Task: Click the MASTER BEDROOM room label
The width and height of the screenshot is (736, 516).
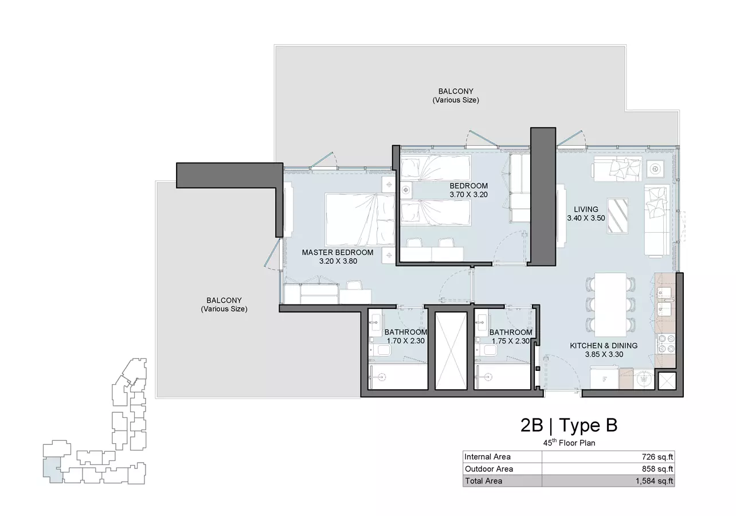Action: pyautogui.click(x=338, y=252)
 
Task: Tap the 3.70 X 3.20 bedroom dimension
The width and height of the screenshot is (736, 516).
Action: pyautogui.click(x=468, y=194)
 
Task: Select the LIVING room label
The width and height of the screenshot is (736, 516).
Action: pyautogui.click(x=586, y=209)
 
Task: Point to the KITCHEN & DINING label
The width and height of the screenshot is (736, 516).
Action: pyautogui.click(x=604, y=345)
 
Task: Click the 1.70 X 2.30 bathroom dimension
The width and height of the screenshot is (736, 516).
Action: pyautogui.click(x=405, y=341)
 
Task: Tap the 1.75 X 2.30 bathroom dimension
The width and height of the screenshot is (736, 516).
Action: pyautogui.click(x=511, y=341)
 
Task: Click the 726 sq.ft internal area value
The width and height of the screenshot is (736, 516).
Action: pyautogui.click(x=657, y=457)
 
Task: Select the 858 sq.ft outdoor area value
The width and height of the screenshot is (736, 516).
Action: pyautogui.click(x=657, y=469)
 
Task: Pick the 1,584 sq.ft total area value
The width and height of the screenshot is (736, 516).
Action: pyautogui.click(x=654, y=481)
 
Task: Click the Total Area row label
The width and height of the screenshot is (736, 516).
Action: pyautogui.click(x=483, y=481)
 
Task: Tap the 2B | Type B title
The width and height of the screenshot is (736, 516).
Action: pyautogui.click(x=569, y=425)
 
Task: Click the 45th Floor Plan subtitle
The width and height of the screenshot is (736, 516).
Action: pyautogui.click(x=569, y=443)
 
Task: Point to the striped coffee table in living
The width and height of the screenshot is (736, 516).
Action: pyautogui.click(x=618, y=216)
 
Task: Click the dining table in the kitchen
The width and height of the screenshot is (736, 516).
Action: pyautogui.click(x=610, y=304)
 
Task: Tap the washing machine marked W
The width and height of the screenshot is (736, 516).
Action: pyautogui.click(x=644, y=380)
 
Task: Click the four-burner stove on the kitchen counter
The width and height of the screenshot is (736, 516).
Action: pyautogui.click(x=665, y=344)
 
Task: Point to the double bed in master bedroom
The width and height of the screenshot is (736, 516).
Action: pyautogui.click(x=360, y=220)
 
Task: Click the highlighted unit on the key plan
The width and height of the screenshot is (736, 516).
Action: pyautogui.click(x=53, y=470)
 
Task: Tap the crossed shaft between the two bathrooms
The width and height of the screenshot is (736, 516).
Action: pyautogui.click(x=451, y=351)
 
